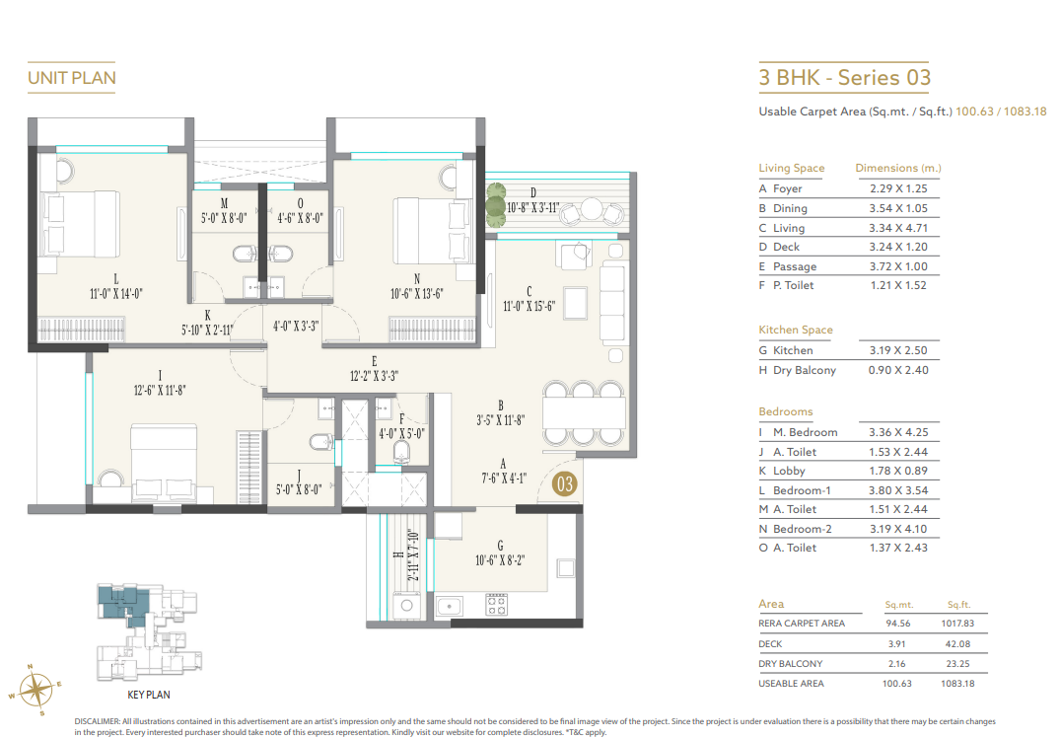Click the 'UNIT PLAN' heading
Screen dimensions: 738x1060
72,78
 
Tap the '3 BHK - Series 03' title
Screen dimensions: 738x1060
844,78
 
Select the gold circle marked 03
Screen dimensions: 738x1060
564,484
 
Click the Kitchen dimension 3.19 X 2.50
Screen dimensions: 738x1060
898,350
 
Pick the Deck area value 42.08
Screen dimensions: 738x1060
958,643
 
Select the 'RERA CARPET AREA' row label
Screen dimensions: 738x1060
802,624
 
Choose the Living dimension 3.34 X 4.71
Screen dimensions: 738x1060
898,228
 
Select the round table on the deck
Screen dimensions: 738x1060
591,208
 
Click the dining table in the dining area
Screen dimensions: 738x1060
584,408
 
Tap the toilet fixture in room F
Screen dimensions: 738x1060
402,452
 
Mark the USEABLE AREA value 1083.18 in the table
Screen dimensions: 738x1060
958,683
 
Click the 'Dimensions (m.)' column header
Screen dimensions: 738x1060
897,168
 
